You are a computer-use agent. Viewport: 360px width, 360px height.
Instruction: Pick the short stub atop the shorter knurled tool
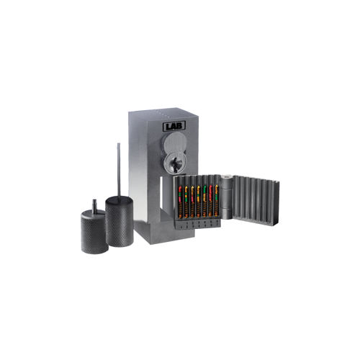tap(92, 204)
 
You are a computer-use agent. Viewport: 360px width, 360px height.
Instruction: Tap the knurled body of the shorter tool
tap(91, 233)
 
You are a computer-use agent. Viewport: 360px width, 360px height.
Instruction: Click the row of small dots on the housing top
tap(162, 114)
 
